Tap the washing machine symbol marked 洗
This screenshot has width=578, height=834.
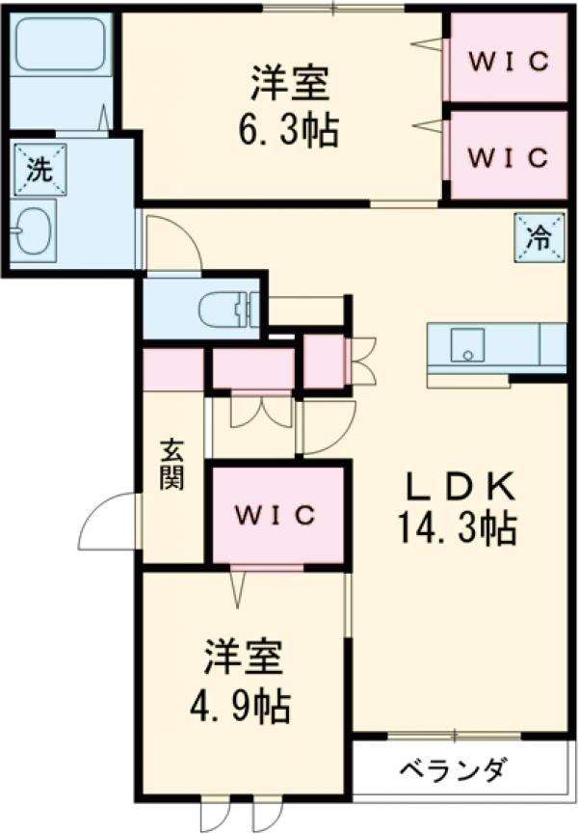(x=39, y=169)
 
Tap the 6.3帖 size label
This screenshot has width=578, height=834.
(x=289, y=129)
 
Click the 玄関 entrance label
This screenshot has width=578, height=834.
(x=171, y=463)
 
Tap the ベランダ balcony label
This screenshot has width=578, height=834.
(x=450, y=770)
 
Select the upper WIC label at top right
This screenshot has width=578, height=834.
(x=509, y=60)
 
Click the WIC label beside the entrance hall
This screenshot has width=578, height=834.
(x=277, y=514)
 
